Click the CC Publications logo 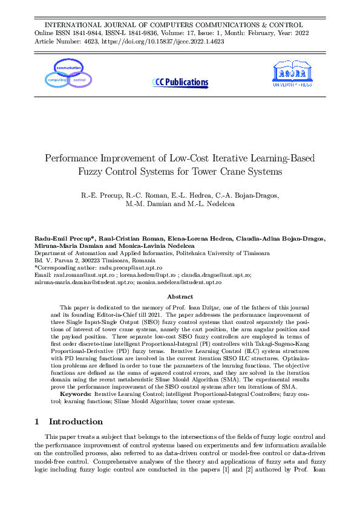click(180, 82)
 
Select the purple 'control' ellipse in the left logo click(79, 80)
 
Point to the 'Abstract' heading click(180, 297)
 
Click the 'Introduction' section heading click(76, 421)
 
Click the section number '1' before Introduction click(37, 421)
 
